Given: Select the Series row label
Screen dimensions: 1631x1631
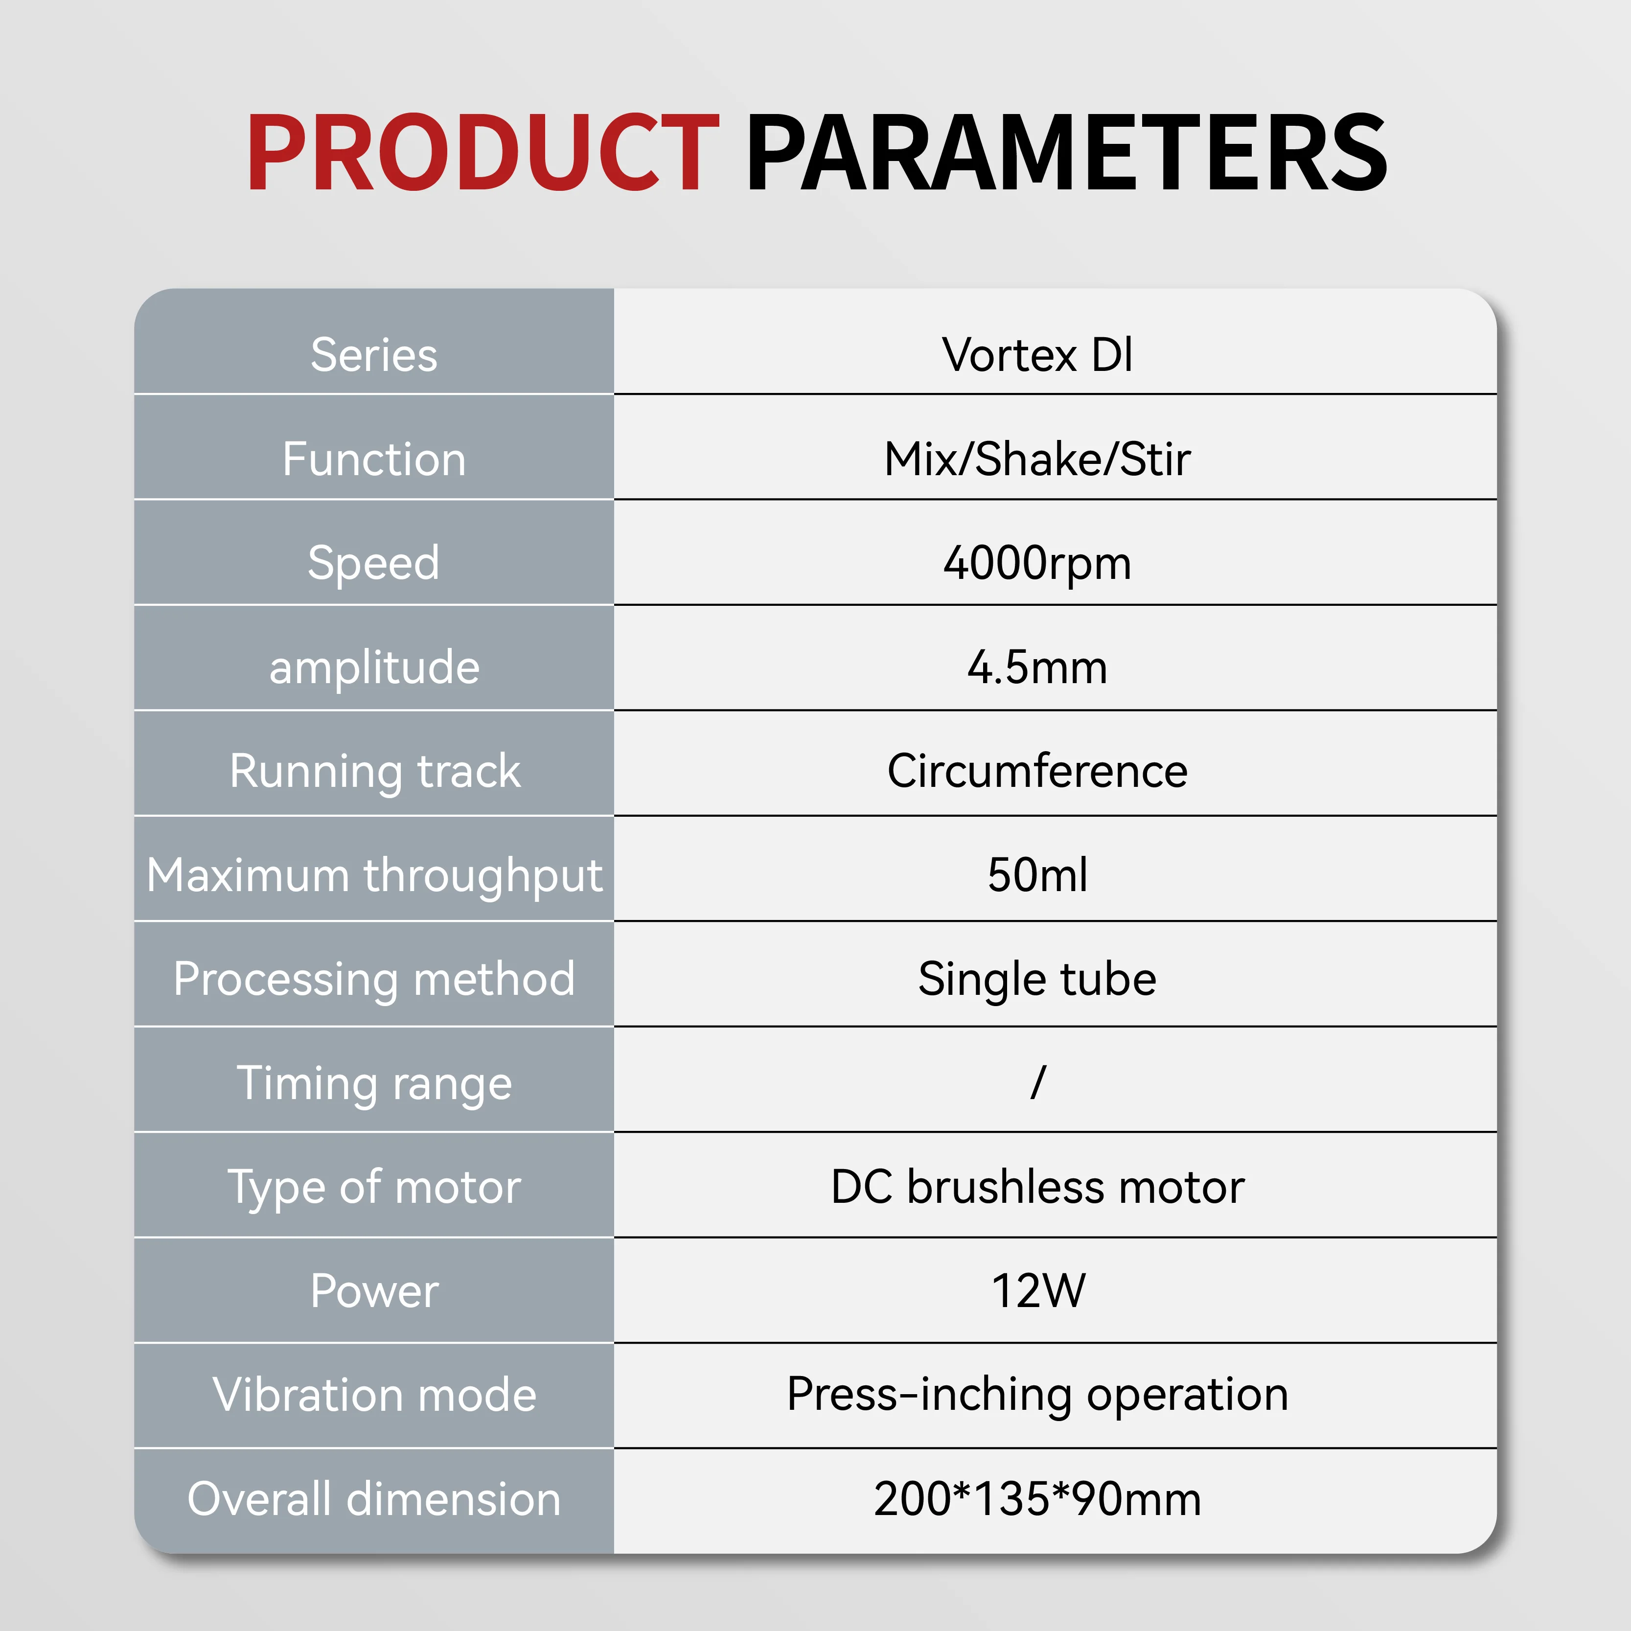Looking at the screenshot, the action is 374,355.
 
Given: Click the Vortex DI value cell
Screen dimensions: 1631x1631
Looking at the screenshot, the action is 1037,355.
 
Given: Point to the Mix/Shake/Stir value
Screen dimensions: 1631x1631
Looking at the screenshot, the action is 1037,459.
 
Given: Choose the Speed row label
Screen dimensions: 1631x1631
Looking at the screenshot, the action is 374,564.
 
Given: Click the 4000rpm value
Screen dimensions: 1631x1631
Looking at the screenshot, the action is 1037,564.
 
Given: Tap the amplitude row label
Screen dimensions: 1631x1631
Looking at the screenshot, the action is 374,668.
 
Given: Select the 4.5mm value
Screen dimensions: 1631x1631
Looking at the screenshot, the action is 1037,668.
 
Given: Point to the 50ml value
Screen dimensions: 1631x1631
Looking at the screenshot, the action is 1037,875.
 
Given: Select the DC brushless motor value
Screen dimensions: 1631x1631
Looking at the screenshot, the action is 1037,1188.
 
